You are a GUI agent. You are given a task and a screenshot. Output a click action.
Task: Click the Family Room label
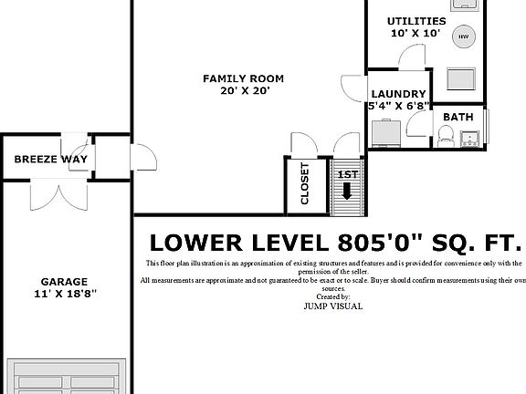243,78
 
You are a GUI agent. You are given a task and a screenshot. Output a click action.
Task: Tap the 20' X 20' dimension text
245,91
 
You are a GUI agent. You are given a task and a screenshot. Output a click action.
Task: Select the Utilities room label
416,21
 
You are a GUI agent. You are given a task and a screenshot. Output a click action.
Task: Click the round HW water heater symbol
464,36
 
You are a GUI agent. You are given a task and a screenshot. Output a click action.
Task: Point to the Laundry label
398,94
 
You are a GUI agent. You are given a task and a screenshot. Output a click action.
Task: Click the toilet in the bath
446,136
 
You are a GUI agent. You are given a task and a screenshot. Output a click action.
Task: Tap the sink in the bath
469,139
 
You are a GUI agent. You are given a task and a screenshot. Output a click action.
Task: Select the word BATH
458,117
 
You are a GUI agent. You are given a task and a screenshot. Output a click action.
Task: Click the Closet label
305,183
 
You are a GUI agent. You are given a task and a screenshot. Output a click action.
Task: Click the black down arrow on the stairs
347,191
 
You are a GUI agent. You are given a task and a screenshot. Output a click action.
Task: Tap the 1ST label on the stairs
348,174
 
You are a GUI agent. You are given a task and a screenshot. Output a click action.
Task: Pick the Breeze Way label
50,159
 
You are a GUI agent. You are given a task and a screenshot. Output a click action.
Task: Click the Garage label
65,282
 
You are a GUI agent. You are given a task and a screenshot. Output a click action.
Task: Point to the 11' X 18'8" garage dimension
66,294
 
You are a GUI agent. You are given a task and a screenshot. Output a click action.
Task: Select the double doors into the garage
58,194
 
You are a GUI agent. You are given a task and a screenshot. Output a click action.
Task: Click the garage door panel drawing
67,377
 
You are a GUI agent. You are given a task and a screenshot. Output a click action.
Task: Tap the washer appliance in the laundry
386,133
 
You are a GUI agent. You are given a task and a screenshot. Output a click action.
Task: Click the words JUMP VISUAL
333,306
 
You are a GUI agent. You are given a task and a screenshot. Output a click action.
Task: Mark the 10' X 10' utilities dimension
416,33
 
